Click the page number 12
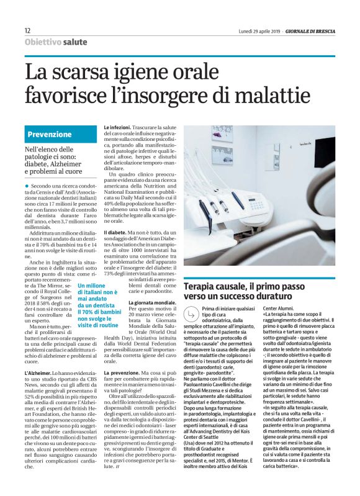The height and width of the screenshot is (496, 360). pyautogui.click(x=28, y=30)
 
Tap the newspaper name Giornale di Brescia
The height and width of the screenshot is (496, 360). pyautogui.click(x=310, y=31)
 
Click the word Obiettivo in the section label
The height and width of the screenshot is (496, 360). pyautogui.click(x=43, y=42)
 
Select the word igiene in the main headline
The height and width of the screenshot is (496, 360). pyautogui.click(x=143, y=73)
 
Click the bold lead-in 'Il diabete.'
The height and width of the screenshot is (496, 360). pyautogui.click(x=117, y=231)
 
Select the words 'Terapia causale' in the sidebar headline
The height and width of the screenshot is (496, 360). pyautogui.click(x=215, y=286)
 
